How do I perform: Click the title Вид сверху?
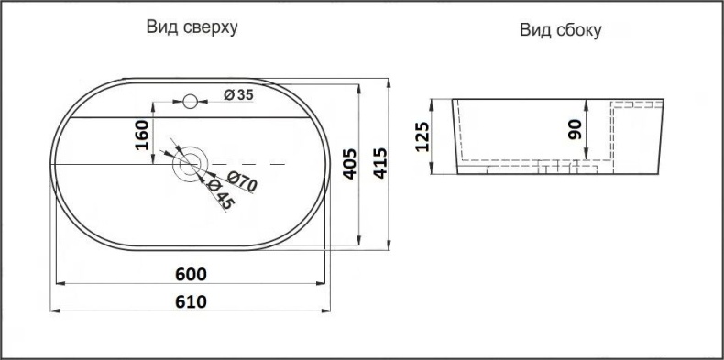192,27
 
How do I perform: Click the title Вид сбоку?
561,31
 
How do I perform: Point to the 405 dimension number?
349,164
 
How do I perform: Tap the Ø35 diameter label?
238,94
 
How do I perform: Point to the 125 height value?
423,136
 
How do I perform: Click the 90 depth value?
575,128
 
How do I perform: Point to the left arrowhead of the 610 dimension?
52,312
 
